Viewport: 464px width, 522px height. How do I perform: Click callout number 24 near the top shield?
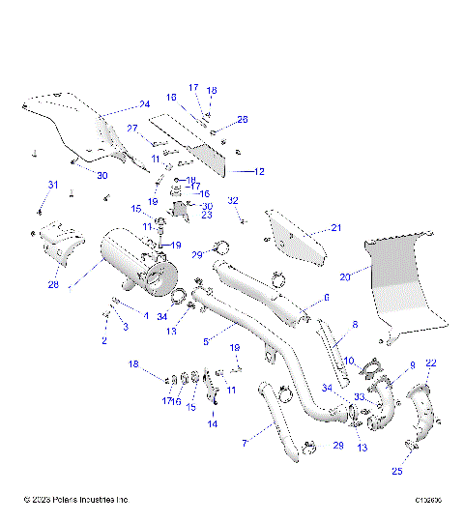click(x=144, y=104)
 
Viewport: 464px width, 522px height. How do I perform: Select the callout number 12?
click(x=259, y=171)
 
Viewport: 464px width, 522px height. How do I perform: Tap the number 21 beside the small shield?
click(x=336, y=228)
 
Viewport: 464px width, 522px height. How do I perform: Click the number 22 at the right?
click(x=431, y=362)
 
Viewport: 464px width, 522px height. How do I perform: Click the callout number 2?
click(x=103, y=342)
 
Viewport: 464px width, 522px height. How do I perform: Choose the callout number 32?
click(x=233, y=200)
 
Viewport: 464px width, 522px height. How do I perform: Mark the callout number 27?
click(x=132, y=128)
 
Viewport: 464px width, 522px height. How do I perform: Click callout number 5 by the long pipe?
click(x=206, y=341)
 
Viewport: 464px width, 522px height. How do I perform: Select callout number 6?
click(x=326, y=298)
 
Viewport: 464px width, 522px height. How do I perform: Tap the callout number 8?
click(x=354, y=325)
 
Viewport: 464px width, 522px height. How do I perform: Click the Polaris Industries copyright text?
click(x=75, y=500)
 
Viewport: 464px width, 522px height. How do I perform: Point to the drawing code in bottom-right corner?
click(x=428, y=500)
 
